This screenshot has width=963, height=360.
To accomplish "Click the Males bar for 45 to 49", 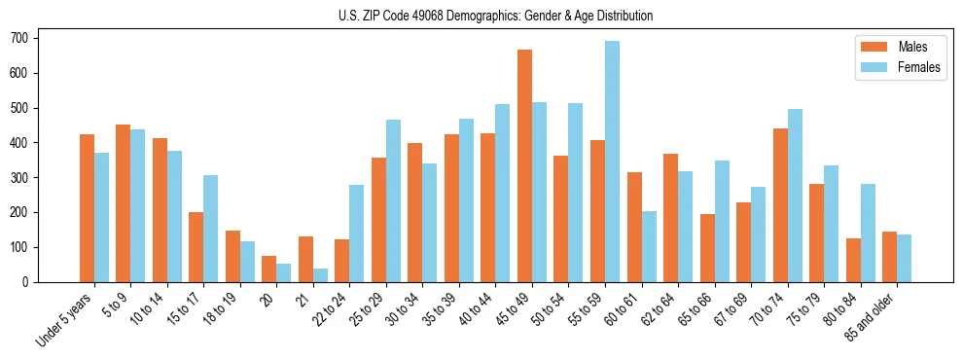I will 524,165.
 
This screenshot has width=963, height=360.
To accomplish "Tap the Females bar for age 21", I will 320,275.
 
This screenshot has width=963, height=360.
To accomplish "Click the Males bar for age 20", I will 269,269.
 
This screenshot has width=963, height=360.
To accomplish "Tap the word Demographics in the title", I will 480,16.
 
